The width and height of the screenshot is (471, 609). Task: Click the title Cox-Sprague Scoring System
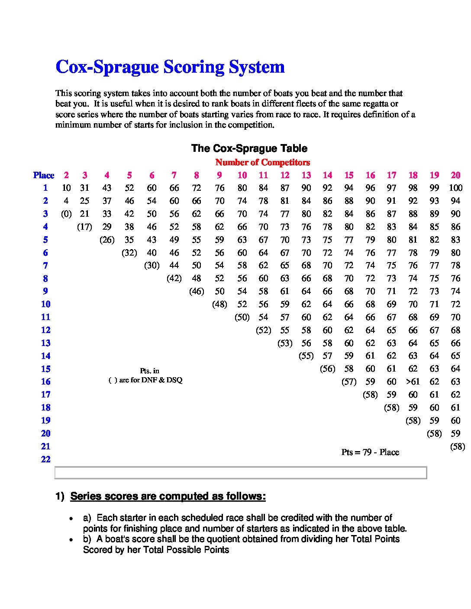[x=170, y=67]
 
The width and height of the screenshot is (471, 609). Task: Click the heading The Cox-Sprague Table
[x=249, y=148]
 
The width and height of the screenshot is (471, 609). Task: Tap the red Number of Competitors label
[x=262, y=163]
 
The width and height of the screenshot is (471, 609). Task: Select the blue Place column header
[x=44, y=175]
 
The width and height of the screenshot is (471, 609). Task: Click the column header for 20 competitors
[x=455, y=175]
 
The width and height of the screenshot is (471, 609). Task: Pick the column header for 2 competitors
[x=66, y=175]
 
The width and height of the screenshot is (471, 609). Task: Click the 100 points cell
[x=455, y=188]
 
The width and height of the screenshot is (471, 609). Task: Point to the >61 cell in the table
[x=413, y=381]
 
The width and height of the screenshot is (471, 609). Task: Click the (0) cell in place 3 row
[x=66, y=214]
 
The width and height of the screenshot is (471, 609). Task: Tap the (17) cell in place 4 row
[x=84, y=227]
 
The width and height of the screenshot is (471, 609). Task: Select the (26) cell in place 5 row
[x=106, y=240]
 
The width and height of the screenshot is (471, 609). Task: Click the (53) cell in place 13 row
[x=284, y=343]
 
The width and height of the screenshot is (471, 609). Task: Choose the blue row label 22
[x=46, y=459]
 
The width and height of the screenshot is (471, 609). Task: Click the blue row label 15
[x=46, y=369]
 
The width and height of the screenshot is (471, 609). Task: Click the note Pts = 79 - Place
[x=370, y=452]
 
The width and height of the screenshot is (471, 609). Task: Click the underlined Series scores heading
[x=168, y=496]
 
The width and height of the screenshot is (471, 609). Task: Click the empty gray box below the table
[x=240, y=473]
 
